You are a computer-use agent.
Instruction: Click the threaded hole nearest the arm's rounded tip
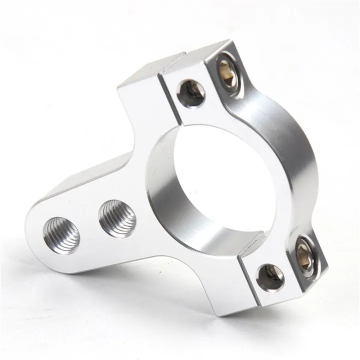point(61,235)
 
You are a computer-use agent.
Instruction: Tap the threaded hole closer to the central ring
point(117,218)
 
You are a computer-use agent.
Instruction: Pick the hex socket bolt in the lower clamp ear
point(304,254)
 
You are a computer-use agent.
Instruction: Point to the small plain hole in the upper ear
point(191,93)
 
